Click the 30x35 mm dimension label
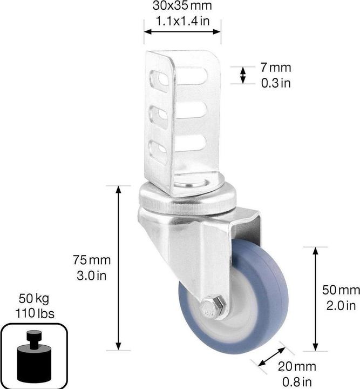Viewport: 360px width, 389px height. pyautogui.click(x=181, y=6)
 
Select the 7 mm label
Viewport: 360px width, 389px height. pyautogui.click(x=275, y=68)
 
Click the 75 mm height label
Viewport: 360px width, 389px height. pyautogui.click(x=92, y=260)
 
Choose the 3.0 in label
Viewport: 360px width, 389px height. pyautogui.click(x=92, y=275)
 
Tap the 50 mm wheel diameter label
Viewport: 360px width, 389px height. pyautogui.click(x=341, y=290)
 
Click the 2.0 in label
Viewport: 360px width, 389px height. pyautogui.click(x=341, y=305)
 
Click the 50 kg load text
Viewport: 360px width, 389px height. pyautogui.click(x=36, y=298)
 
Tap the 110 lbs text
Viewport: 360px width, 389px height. pyautogui.click(x=36, y=313)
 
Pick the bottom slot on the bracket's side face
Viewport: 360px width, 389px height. pyautogui.click(x=158, y=153)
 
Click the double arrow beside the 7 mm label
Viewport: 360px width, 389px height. pyautogui.click(x=243, y=75)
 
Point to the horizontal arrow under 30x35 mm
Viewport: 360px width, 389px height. pyautogui.click(x=182, y=32)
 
